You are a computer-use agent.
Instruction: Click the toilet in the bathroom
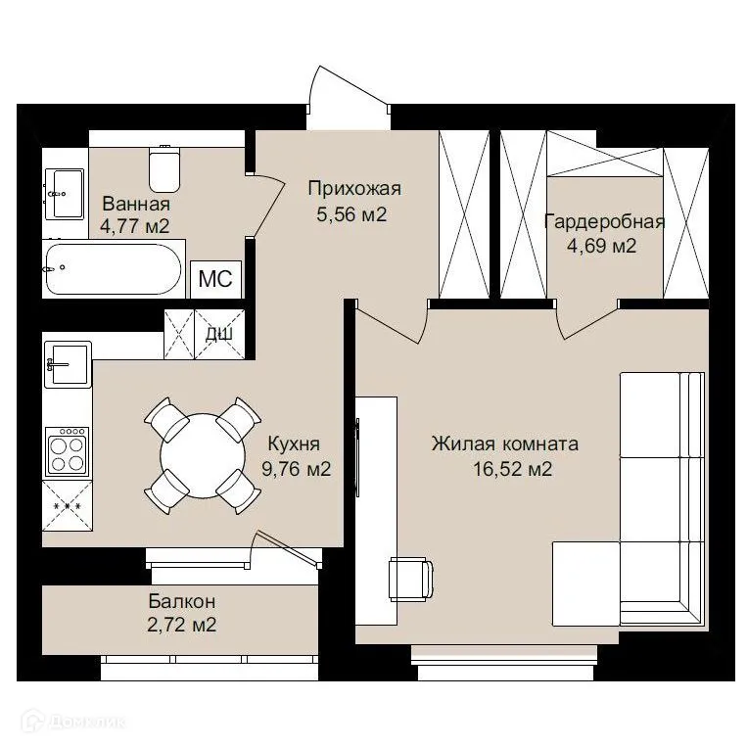pos(164,168)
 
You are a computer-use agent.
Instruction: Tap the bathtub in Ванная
pos(114,269)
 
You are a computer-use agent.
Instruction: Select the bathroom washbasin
pos(65,194)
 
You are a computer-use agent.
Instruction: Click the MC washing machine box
pos(215,279)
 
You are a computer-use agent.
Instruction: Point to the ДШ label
pos(219,334)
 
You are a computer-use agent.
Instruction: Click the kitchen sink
pos(68,364)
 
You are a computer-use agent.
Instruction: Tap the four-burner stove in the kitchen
pos(68,451)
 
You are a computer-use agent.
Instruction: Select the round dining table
pos(203,456)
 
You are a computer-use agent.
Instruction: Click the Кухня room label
pos(294,444)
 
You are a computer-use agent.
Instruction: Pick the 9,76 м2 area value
pos(296,469)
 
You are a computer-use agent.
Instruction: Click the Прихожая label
pos(354,189)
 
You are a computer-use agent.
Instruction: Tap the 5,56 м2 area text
pos(351,213)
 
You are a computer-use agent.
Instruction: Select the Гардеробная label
pos(605,222)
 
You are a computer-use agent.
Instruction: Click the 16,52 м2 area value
pos(513,469)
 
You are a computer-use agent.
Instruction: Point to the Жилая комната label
pos(505,444)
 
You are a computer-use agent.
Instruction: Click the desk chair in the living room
pos(411,579)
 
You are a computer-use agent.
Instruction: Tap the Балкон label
pos(182,601)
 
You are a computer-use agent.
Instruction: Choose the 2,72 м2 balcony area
pos(182,625)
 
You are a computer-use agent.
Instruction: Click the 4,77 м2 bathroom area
pos(135,226)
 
